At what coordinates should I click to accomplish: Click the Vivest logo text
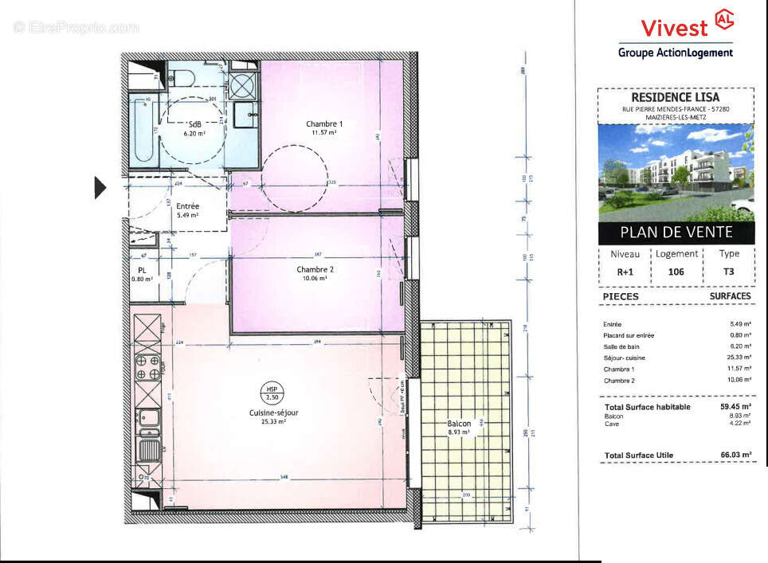pyautogui.click(x=663, y=28)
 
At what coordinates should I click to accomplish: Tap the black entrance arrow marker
pyautogui.click(x=100, y=187)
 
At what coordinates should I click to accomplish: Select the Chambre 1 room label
pyautogui.click(x=324, y=123)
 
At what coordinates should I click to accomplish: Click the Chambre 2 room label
pyautogui.click(x=315, y=269)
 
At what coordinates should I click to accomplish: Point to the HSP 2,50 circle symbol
pyautogui.click(x=272, y=392)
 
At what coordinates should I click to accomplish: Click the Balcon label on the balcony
pyautogui.click(x=458, y=424)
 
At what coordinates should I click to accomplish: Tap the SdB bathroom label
pyautogui.click(x=194, y=125)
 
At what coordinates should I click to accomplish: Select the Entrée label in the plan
pyautogui.click(x=187, y=206)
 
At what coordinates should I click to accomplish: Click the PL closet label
pyautogui.click(x=141, y=271)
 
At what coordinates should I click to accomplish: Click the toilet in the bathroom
pyautogui.click(x=182, y=76)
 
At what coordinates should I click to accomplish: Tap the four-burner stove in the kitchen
pyautogui.click(x=147, y=368)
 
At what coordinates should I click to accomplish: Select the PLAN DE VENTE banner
pyautogui.click(x=676, y=233)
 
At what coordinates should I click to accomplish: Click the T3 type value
pyautogui.click(x=729, y=271)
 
